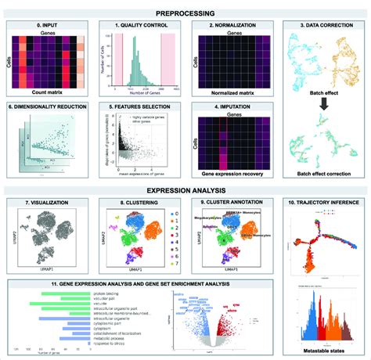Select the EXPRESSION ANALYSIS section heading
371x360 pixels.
point(185,189)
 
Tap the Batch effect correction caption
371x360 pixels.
point(322,177)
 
